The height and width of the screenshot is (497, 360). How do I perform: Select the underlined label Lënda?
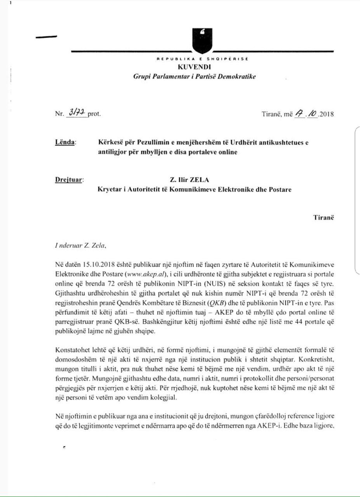(66, 143)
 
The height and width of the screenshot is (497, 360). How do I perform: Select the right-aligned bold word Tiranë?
(323, 217)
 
